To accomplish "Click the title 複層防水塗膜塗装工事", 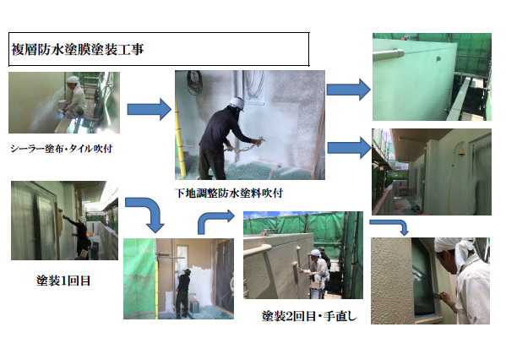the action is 78,49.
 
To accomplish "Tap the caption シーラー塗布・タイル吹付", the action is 62,149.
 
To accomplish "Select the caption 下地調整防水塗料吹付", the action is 229,193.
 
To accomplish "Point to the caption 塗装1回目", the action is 63,281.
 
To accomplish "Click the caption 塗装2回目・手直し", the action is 309,316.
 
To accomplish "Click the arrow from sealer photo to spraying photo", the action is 149,110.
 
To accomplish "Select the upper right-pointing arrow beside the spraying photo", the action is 349,90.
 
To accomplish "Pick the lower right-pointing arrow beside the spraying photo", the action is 349,148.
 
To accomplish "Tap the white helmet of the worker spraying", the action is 237,103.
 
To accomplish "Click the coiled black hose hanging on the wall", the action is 194,82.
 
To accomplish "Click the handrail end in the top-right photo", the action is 400,53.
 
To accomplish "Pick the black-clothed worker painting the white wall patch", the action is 183,293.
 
